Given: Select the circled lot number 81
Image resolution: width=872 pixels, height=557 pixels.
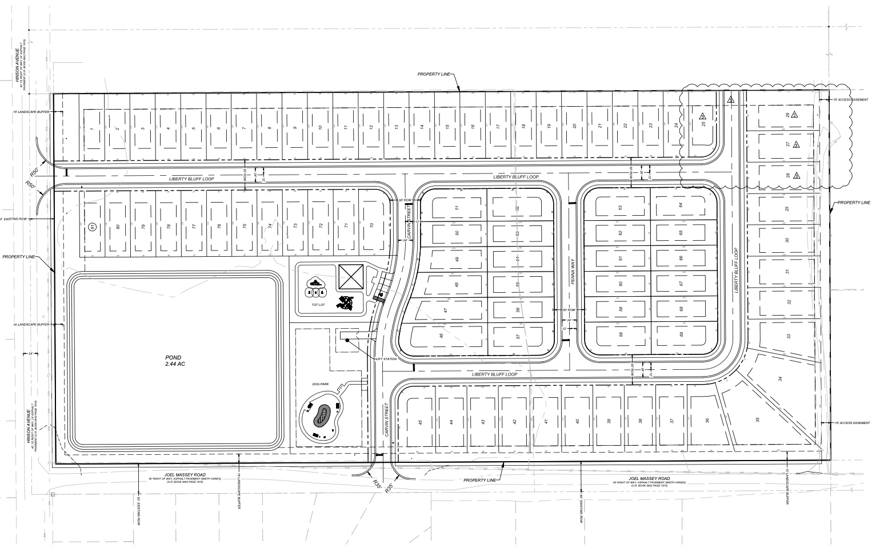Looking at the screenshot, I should (x=91, y=226).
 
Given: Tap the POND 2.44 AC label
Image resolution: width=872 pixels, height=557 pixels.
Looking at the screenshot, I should (x=174, y=360).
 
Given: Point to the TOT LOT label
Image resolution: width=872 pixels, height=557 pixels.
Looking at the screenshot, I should (x=318, y=305).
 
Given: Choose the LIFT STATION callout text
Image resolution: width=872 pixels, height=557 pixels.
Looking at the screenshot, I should (x=386, y=359).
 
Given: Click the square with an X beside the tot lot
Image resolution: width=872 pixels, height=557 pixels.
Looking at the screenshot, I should (x=351, y=277).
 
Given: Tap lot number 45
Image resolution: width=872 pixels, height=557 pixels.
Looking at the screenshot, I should (x=420, y=422).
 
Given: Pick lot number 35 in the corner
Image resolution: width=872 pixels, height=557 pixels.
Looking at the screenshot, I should (x=758, y=420).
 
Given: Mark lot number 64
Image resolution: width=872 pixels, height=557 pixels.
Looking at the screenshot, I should (x=681, y=205).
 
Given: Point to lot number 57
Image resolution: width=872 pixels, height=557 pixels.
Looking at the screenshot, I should (x=518, y=336).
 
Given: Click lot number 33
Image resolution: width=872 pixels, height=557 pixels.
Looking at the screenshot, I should (x=788, y=336).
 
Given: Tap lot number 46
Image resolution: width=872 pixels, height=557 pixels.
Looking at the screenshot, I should (x=441, y=336).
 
